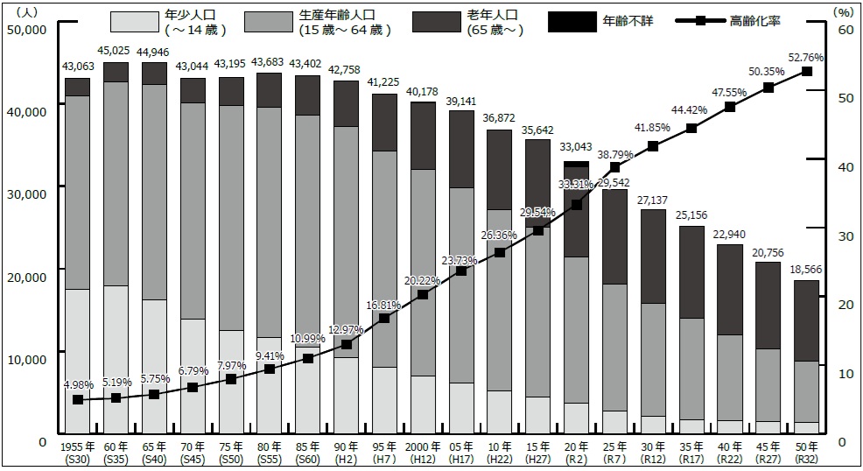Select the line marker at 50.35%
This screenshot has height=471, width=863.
(768, 88)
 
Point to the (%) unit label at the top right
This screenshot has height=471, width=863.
(843, 11)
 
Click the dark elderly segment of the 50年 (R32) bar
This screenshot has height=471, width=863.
(806, 320)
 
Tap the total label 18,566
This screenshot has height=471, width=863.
(806, 271)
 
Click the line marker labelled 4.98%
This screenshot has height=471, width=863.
(78, 399)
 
